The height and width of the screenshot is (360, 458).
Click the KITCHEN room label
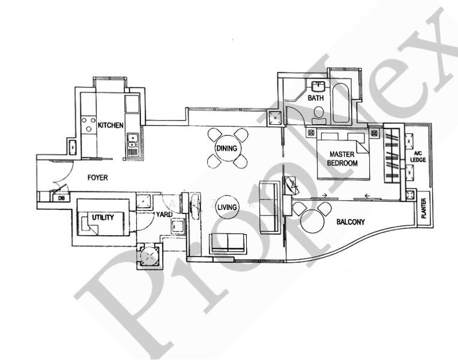pos(111,125)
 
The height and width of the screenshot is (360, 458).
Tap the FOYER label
pos(97,178)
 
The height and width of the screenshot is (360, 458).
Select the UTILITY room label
pos(103,217)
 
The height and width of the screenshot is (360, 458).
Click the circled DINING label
pos(226,149)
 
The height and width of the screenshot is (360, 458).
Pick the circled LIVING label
pos(227,207)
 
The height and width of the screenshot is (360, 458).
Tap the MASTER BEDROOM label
pos(343,158)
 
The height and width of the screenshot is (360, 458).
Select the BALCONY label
pos(350,222)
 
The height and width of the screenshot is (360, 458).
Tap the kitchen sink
pos(132,143)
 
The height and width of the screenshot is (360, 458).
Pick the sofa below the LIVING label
pos(227,243)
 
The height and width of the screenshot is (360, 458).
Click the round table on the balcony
pos(313,223)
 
